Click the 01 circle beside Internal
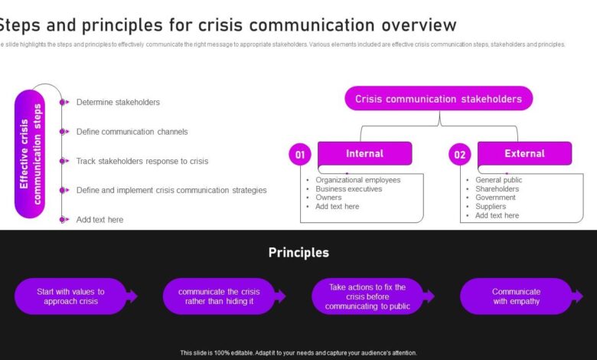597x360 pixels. click(300, 155)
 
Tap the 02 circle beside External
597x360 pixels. click(459, 155)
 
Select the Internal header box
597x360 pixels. click(364, 154)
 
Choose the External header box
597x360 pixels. click(524, 154)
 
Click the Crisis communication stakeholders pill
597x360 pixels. click(439, 99)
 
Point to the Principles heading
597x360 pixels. click(298, 253)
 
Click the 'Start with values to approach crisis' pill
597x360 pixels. click(70, 296)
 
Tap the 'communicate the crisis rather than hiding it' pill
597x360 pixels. click(219, 296)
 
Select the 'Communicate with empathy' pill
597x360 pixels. click(516, 296)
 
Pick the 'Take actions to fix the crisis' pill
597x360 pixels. click(367, 296)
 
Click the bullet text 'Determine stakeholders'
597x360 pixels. click(118, 102)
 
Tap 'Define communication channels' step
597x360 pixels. click(132, 132)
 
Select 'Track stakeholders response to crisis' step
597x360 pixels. click(142, 161)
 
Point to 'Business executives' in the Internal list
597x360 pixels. click(348, 188)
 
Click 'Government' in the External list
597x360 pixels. click(495, 198)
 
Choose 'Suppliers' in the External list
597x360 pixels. click(491, 206)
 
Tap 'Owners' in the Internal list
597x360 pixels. click(329, 198)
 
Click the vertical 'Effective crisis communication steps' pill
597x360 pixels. click(30, 153)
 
